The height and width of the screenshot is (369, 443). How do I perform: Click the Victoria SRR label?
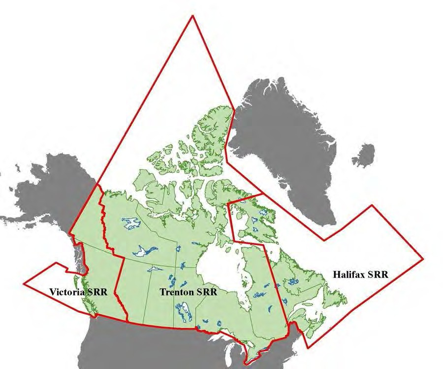[x=79, y=292]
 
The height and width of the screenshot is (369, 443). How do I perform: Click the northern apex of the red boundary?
[x=192, y=16]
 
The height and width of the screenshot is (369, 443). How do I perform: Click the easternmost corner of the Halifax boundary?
[x=423, y=257]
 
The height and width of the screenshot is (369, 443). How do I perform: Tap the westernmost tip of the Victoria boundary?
[x=24, y=284]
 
